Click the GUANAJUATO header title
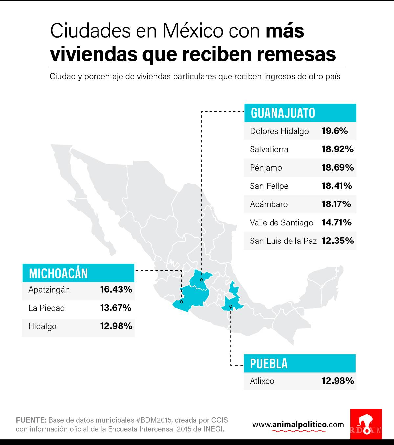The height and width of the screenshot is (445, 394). tap(283, 113)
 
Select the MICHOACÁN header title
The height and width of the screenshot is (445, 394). tap(58, 273)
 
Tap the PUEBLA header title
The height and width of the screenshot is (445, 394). tap(269, 364)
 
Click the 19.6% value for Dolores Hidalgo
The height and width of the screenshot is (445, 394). tap(335, 131)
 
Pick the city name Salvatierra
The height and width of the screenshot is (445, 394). tap(269, 149)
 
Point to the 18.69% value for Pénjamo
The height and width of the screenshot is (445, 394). tap(338, 168)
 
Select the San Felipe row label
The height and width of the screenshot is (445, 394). tap(269, 186)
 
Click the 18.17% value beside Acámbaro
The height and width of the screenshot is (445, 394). tap(336, 204)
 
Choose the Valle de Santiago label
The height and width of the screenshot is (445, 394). tap(281, 223)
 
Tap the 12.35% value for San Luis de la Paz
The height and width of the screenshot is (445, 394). tap(338, 241)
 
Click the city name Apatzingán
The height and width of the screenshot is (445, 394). tap(49, 290)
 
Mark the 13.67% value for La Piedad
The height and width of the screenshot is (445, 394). tap(116, 308)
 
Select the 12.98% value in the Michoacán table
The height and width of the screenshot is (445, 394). tap(116, 326)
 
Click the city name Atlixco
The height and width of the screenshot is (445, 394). tap(262, 381)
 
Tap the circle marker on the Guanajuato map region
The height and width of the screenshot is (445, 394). tap(201, 280)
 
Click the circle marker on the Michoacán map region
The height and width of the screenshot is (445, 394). tap(181, 301)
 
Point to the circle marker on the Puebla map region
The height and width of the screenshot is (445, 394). tap(231, 306)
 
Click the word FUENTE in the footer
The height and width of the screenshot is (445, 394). tap(31, 420)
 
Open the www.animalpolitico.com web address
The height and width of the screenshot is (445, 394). tap(298, 425)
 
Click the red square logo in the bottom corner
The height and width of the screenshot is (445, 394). tap(366, 426)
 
